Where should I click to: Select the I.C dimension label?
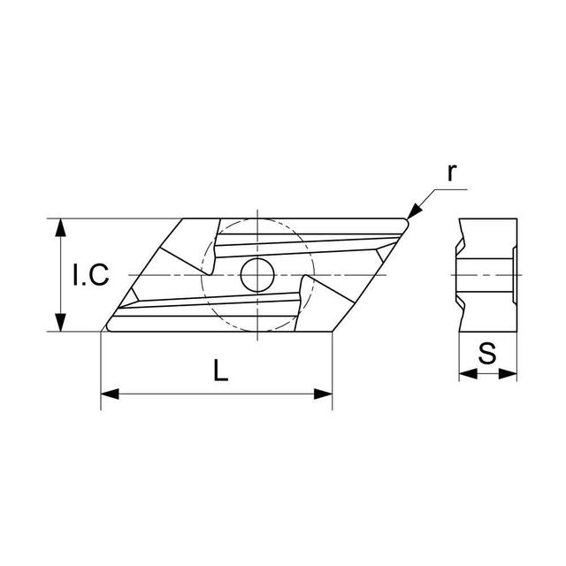[x=90, y=276]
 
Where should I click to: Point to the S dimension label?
[x=487, y=354]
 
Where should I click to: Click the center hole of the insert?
[x=256, y=275]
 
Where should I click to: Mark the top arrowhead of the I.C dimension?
[x=60, y=226]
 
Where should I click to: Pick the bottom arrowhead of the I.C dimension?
[x=60, y=324]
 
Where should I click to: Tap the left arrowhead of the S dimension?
[x=466, y=375]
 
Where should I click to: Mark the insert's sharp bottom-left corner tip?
[x=103, y=330]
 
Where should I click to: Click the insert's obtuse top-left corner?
[x=183, y=219]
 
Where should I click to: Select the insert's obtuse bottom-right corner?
[x=332, y=331]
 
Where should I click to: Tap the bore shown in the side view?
[x=486, y=275]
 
